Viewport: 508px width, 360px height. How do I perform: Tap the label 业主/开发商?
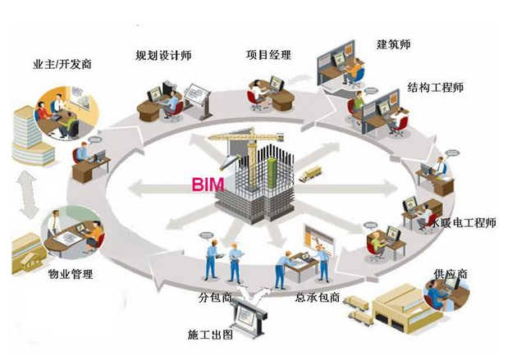pos(62,64)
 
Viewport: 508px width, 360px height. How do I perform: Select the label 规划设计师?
pos(163,57)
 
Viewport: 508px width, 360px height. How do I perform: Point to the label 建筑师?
pos(393,43)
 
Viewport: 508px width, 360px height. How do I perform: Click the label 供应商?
pos(451,271)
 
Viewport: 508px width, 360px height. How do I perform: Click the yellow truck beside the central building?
pos(310,173)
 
